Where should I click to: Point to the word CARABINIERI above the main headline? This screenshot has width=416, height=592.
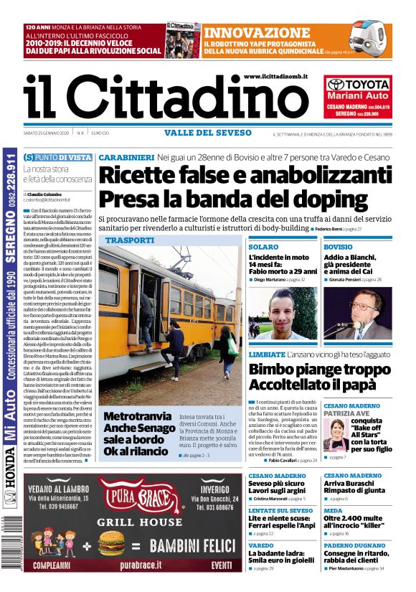(126, 157)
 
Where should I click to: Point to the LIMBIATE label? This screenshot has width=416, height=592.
(267, 354)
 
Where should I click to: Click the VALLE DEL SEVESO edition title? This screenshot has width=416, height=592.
(207, 133)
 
